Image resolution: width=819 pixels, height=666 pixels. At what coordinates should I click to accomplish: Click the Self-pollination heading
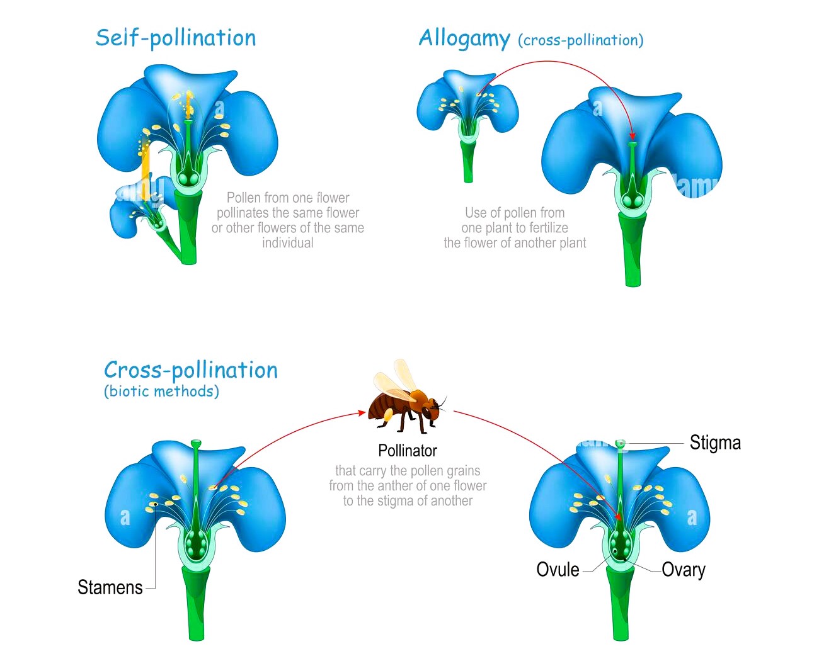[176, 38]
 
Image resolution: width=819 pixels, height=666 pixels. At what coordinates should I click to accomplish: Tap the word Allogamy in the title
[464, 38]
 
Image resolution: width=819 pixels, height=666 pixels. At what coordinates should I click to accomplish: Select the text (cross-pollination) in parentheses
[580, 40]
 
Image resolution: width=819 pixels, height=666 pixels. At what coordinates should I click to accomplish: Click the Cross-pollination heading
[190, 370]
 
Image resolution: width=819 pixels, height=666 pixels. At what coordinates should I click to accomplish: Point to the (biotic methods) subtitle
[161, 391]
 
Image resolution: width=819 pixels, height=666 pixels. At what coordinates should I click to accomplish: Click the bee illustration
[406, 403]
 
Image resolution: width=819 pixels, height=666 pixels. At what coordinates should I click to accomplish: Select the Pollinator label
[407, 451]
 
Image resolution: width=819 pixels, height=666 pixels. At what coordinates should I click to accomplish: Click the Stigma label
[715, 443]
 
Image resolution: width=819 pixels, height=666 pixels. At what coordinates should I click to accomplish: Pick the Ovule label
[558, 570]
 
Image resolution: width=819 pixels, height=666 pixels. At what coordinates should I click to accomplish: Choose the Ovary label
[684, 570]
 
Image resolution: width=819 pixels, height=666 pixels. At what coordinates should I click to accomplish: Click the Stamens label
[110, 587]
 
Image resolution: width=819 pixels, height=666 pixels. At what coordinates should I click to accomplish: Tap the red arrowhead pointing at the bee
[362, 413]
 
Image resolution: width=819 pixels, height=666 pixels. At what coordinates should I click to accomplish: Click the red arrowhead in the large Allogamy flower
[633, 136]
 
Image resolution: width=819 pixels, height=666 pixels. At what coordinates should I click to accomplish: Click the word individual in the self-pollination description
[287, 243]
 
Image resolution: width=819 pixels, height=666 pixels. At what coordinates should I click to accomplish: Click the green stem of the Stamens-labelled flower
[196, 604]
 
